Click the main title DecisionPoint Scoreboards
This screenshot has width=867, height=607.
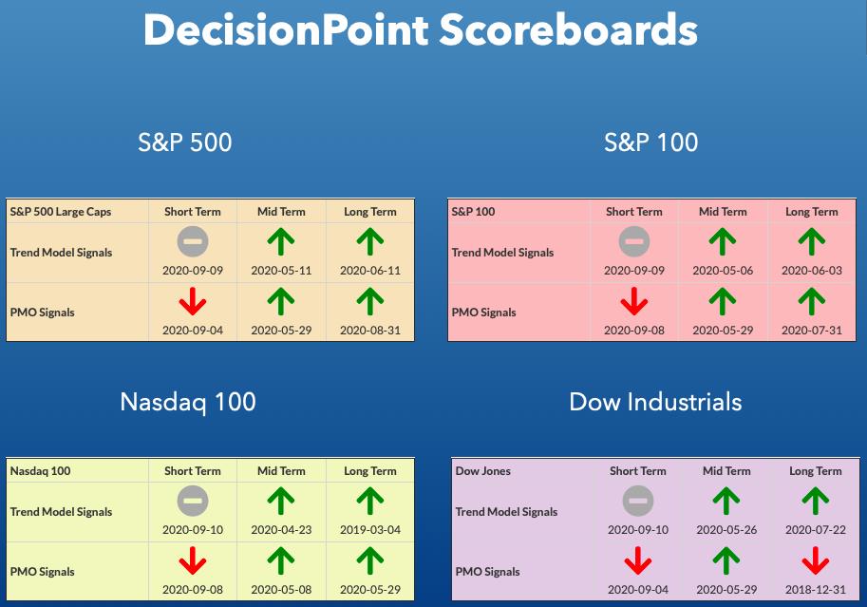[x=421, y=29]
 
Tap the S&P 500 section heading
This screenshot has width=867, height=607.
[x=184, y=142]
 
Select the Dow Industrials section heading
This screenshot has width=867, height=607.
[x=655, y=402]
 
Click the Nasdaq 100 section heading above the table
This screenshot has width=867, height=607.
[x=188, y=402]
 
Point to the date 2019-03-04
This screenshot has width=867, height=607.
[x=370, y=529]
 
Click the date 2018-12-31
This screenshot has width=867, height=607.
[x=816, y=589]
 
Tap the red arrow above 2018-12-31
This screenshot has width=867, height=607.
[x=816, y=560]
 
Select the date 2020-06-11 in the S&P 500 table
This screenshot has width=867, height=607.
[x=370, y=271]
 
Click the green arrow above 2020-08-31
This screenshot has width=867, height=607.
[x=370, y=301]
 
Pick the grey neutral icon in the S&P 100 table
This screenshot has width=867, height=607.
[x=634, y=241]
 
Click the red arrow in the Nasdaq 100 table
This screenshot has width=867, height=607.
[x=193, y=560]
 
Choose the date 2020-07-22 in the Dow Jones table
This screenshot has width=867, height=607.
[x=816, y=529]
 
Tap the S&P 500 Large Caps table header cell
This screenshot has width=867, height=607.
[x=61, y=212]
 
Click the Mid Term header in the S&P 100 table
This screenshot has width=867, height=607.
[x=723, y=212]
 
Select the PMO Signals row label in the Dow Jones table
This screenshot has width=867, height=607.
[x=488, y=572]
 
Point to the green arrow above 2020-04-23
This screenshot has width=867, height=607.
[x=281, y=501]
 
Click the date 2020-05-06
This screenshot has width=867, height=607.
[x=723, y=271]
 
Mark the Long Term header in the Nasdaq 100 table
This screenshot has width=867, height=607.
[x=370, y=471]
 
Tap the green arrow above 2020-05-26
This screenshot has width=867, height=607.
[x=726, y=501]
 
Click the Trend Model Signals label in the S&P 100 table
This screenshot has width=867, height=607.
[x=502, y=253]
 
